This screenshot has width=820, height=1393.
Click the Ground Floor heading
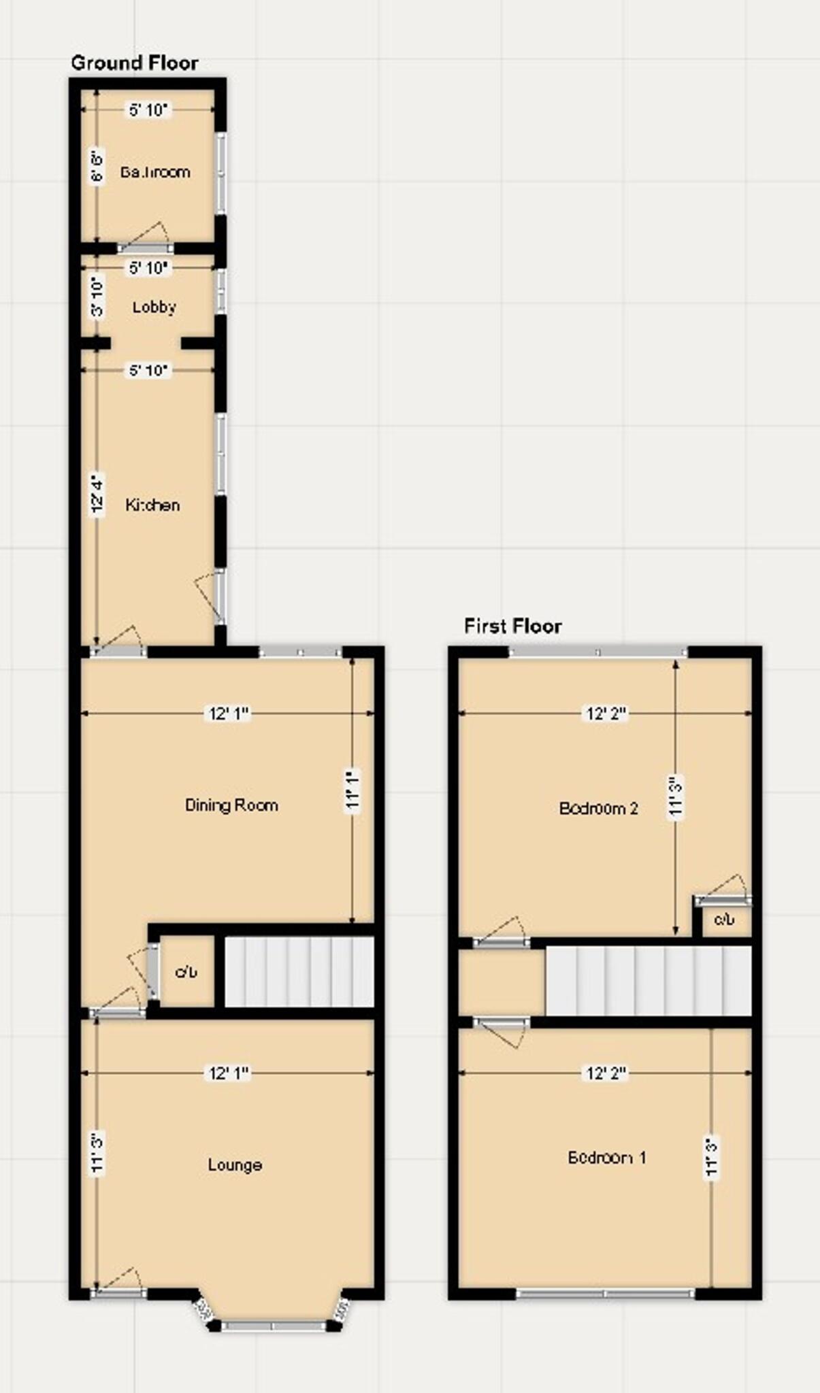pos(134,63)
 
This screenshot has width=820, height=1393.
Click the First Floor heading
pos(512,626)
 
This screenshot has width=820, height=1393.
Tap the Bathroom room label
pos(155,172)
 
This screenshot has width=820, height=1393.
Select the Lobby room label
pos(154,307)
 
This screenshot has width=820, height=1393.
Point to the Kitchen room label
pos(152,505)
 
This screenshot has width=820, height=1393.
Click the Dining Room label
pos(231,805)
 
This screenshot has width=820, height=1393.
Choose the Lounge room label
pos(235,1164)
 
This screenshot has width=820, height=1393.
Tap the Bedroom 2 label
pos(598,808)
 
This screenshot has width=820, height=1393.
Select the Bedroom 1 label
pos(606,1157)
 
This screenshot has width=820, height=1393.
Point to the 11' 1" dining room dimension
pos(352,790)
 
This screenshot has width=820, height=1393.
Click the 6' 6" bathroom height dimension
pos(97,167)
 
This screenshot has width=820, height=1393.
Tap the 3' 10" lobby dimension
pos(97,296)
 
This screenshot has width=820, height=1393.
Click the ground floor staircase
pos(299,972)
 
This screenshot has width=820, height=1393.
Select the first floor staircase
pos(648,981)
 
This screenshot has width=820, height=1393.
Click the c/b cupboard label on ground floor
pos(186,973)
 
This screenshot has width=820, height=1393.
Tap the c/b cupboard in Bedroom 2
pos(724,920)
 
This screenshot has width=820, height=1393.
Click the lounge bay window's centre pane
pos(273,1326)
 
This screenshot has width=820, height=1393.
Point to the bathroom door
pos(144,247)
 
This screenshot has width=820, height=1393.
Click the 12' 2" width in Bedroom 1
pos(606,1073)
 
